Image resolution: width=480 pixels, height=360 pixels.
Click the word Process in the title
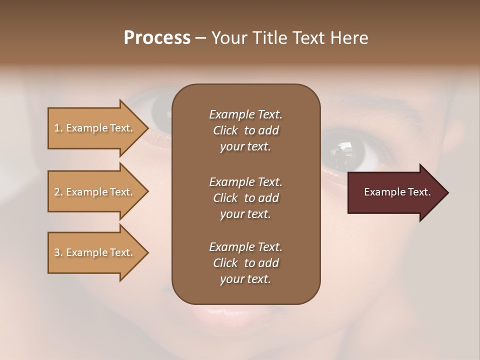pyautogui.click(x=157, y=38)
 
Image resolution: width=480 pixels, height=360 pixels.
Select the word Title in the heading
pyautogui.click(x=269, y=38)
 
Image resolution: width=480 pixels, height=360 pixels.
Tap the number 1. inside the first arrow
pyautogui.click(x=58, y=128)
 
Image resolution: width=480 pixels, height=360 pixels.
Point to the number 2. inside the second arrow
pyautogui.click(x=58, y=192)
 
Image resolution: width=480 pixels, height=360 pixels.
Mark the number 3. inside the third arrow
pyautogui.click(x=58, y=252)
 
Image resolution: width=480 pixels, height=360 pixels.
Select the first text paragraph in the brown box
pyautogui.click(x=245, y=130)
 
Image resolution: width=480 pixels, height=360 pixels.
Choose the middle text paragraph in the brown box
pyautogui.click(x=245, y=197)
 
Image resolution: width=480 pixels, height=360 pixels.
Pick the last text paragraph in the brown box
pyautogui.click(x=245, y=263)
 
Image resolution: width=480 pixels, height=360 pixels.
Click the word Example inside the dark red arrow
pyautogui.click(x=381, y=192)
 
